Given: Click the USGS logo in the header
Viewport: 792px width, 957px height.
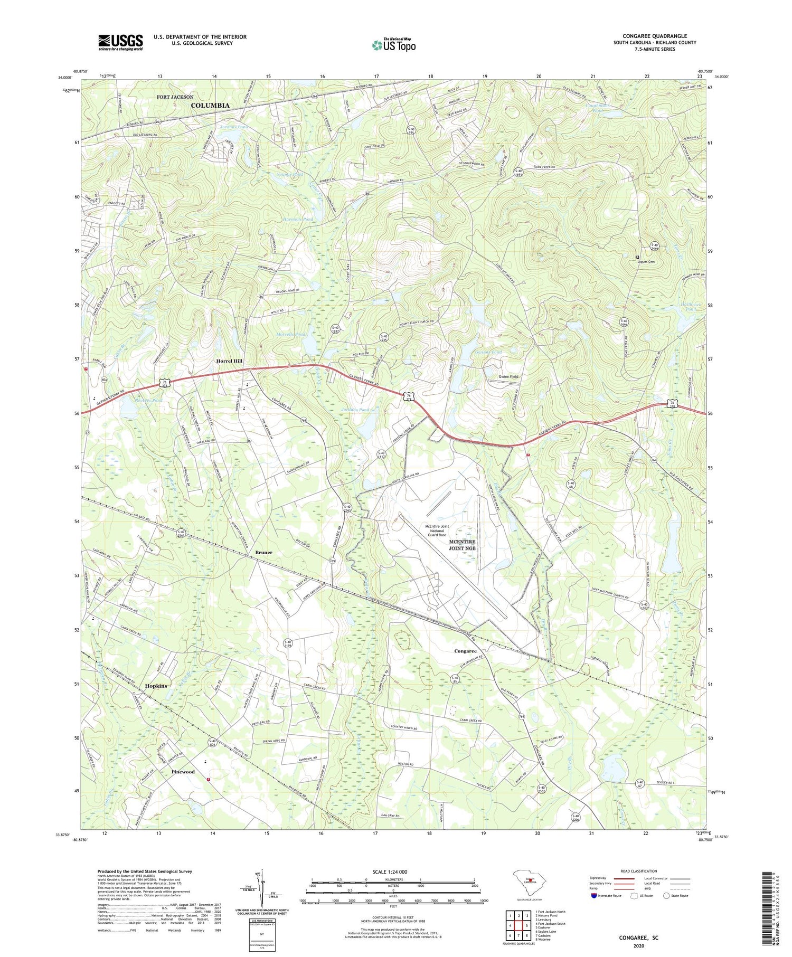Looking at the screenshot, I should (x=120, y=42).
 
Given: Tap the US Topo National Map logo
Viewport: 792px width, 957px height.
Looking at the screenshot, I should (x=393, y=45).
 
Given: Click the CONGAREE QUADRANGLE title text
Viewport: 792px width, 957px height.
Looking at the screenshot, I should (x=654, y=36).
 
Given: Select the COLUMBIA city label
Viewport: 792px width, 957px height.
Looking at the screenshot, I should (x=210, y=106).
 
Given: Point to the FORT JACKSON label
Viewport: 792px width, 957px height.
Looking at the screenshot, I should (x=175, y=97).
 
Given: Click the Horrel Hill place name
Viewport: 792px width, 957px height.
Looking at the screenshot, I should (x=229, y=361).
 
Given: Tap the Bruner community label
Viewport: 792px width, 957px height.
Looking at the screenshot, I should (x=264, y=552).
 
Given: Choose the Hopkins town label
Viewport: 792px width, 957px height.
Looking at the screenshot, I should (x=156, y=686).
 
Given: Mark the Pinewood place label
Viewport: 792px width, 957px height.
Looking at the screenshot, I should (x=183, y=772).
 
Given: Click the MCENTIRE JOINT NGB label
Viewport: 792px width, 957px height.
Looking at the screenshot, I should (x=462, y=545).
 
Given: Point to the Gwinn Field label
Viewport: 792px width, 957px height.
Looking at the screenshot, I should (x=508, y=376).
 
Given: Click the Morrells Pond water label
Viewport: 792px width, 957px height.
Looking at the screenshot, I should (x=291, y=335).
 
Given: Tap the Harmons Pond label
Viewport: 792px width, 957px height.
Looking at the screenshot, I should (x=298, y=219).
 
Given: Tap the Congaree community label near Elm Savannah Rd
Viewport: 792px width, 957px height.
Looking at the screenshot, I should (x=465, y=651).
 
